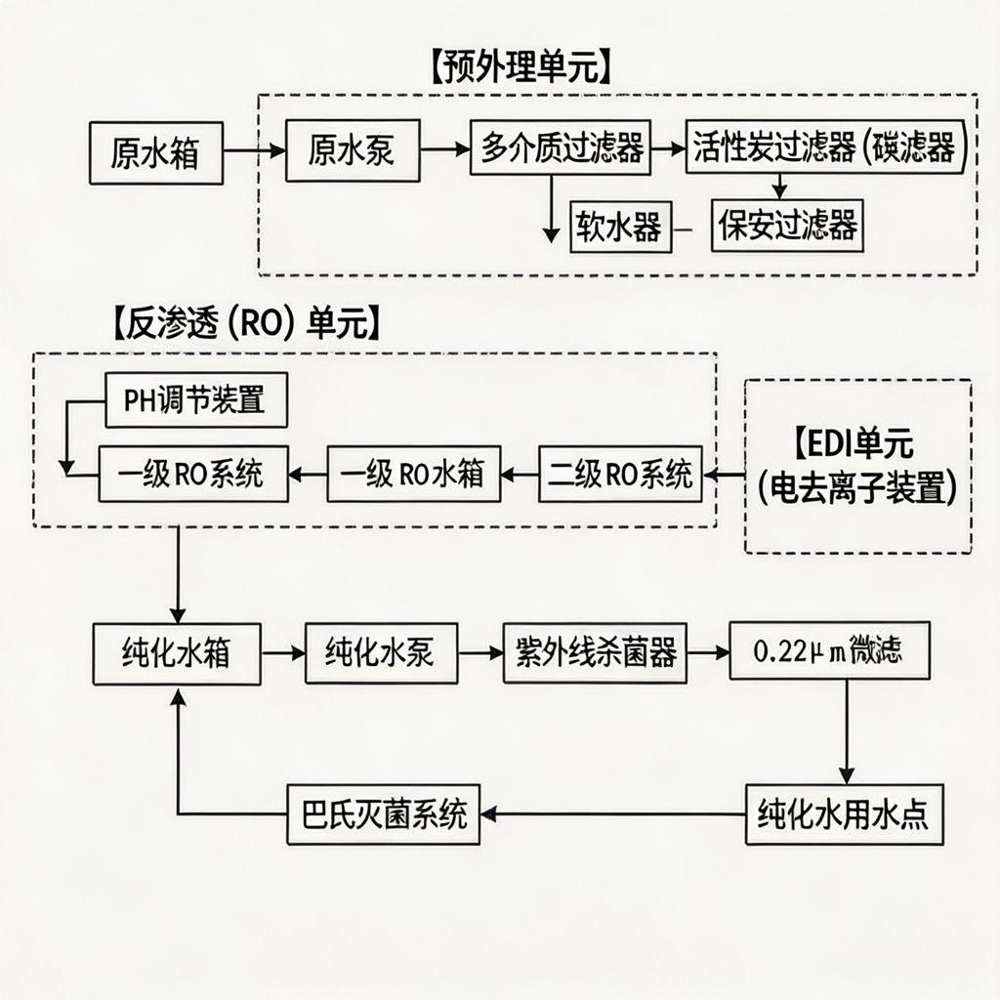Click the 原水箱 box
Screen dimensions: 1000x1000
pos(156,153)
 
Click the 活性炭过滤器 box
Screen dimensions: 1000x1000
pos(826,147)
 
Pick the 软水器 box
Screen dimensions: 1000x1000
pos(617,226)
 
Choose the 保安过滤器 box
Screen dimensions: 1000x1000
pos(787,225)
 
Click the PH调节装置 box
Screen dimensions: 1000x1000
pos(195,400)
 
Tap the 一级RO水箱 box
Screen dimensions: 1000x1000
pos(413,474)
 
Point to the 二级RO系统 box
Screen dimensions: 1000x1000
pos(620,474)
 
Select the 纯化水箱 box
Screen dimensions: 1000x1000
pos(177,653)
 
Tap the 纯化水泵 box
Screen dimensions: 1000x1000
pos(381,652)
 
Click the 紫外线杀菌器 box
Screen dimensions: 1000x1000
pos(596,651)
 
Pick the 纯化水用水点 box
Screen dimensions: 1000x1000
pos(845,812)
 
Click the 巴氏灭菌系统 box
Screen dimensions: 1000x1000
pos(384,813)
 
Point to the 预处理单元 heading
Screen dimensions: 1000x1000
pos(519,71)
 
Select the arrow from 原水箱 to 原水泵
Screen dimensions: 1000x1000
pos(255,151)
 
